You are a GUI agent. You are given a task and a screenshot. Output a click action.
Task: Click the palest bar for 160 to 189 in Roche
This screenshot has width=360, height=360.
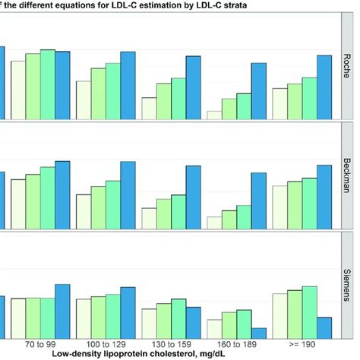(214, 115)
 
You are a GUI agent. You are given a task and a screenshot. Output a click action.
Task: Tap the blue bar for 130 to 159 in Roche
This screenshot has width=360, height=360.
(194, 88)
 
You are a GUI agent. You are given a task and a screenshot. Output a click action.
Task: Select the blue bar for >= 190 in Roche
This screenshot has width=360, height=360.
(324, 87)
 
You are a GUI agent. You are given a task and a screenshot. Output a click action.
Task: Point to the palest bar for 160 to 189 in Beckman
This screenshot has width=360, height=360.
(214, 223)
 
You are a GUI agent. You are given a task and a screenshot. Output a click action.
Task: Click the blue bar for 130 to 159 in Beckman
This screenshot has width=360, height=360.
(194, 197)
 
